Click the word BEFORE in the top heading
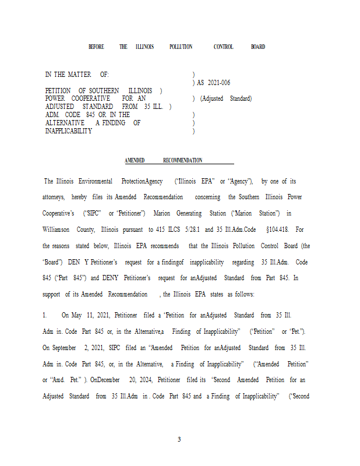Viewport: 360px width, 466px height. tap(96, 47)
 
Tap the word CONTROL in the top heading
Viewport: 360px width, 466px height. tap(223, 47)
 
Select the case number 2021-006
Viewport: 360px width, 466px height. tap(218, 83)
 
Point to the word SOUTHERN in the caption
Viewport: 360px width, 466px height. tap(105, 91)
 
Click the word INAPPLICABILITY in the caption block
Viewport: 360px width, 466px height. tap(69, 132)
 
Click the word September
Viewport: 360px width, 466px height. tap(64, 348)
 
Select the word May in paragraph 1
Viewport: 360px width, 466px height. tap(77, 316)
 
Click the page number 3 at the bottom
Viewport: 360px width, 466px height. tap(179, 439)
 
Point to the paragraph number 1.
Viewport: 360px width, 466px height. tap(44, 316)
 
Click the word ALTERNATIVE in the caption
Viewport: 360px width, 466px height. tap(65, 123)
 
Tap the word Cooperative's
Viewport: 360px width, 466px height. tap(59, 214)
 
